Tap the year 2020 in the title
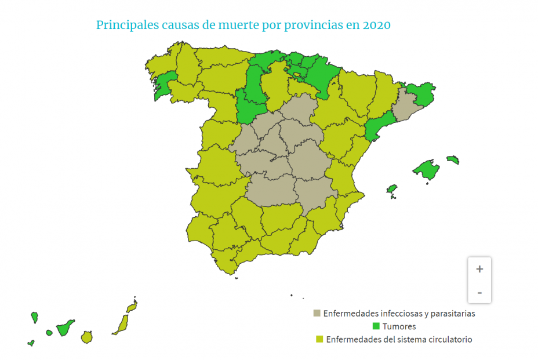[376, 26]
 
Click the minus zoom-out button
[479, 292]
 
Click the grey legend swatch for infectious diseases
[317, 314]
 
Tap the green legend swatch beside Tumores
[376, 326]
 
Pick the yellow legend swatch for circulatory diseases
[319, 339]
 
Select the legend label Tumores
[399, 326]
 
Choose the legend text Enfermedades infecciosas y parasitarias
[399, 314]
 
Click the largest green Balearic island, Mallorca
[428, 170]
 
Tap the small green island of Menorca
[453, 159]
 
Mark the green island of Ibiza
[392, 190]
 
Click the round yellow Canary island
[87, 337]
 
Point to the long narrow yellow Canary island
[122, 324]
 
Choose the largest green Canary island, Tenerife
[64, 328]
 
